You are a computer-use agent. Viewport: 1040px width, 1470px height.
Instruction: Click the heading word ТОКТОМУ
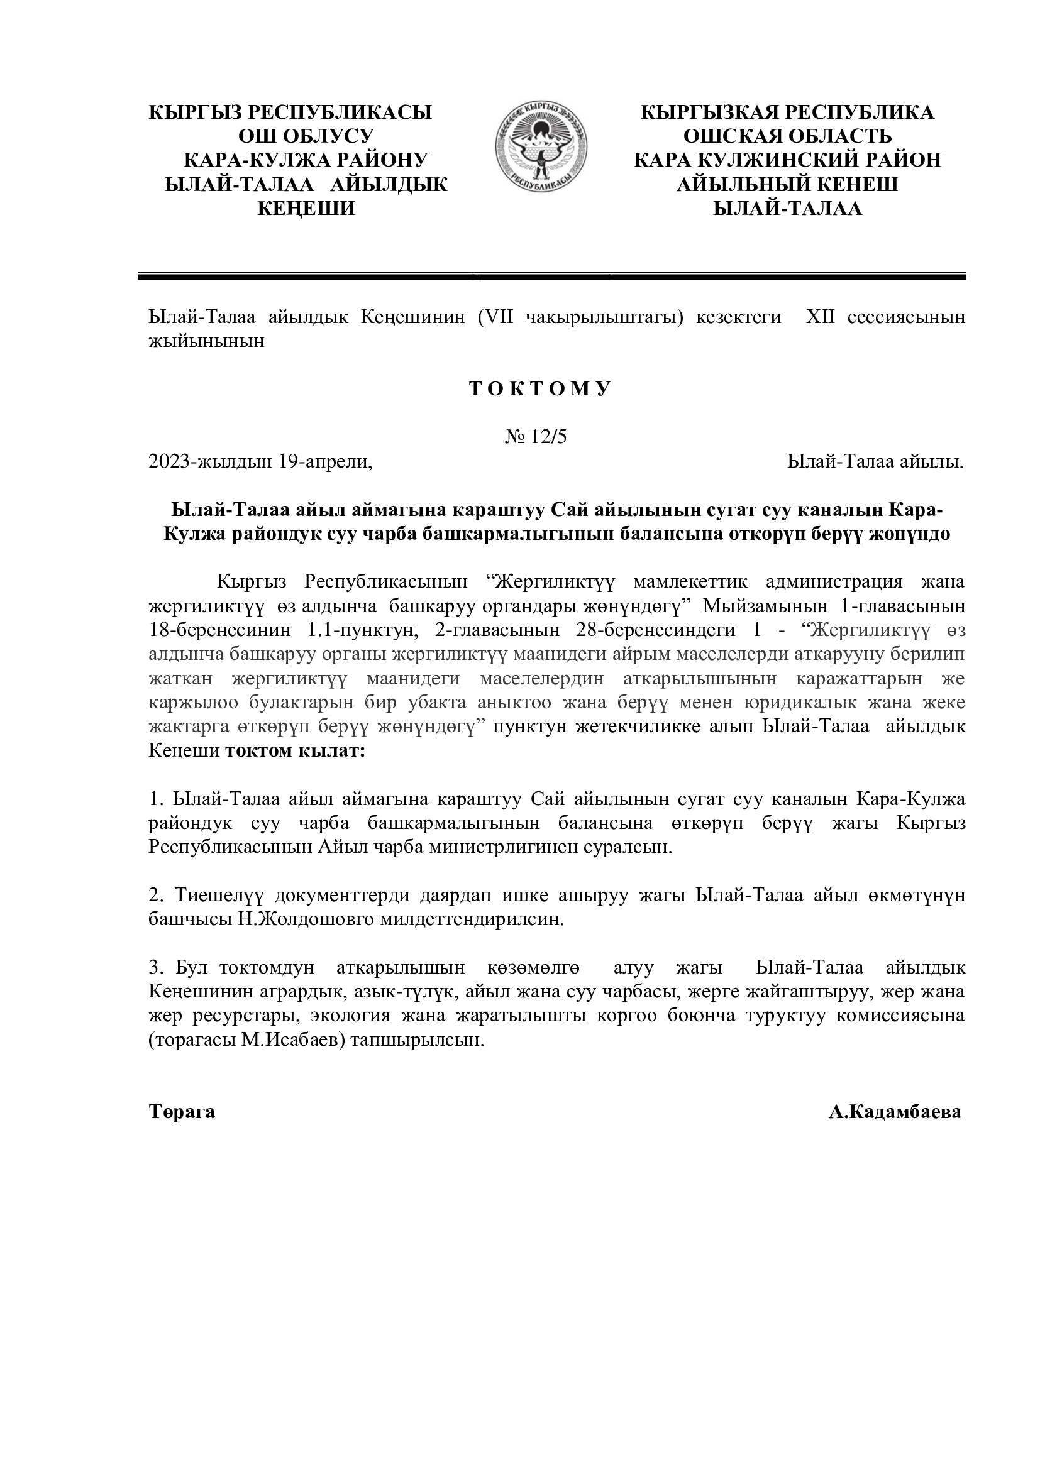(541, 389)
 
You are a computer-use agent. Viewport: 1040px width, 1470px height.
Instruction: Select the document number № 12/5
(536, 437)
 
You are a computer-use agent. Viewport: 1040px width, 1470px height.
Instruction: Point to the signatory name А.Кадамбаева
(895, 1112)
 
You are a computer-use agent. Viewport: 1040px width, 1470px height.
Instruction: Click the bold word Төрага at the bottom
(182, 1112)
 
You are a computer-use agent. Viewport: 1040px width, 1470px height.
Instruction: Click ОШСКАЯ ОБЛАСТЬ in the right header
(787, 136)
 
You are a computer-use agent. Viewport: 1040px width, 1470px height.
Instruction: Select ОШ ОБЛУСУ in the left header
(306, 136)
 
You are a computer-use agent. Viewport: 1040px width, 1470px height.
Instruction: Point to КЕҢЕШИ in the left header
(306, 209)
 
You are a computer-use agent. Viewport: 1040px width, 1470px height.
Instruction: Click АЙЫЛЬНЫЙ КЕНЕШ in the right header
(787, 185)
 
